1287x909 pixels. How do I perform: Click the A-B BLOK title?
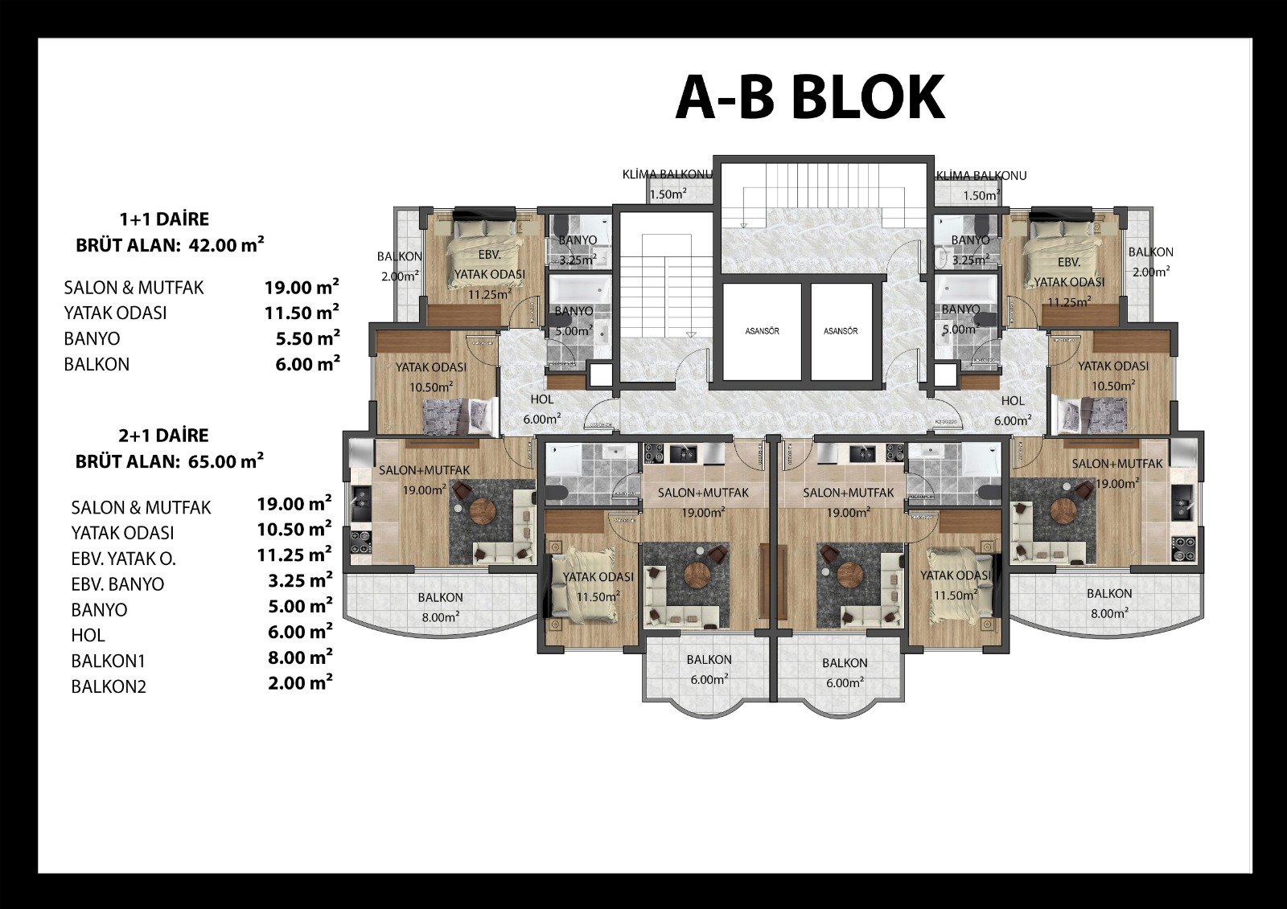pos(809,97)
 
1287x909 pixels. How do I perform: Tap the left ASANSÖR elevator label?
pos(763,331)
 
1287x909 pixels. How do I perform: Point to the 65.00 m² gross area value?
pos(226,461)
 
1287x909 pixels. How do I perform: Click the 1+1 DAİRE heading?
pos(164,219)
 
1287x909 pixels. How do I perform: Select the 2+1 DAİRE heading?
pos(164,436)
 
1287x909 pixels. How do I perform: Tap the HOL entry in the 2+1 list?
pos(88,635)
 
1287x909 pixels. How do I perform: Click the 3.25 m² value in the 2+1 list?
pos(300,580)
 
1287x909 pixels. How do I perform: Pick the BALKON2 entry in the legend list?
pos(109,686)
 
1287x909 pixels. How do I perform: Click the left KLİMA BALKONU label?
pos(668,174)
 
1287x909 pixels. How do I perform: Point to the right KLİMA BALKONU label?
pos(981,176)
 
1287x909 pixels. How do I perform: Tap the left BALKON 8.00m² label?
pos(440,607)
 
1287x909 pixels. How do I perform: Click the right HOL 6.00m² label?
pos(1013,411)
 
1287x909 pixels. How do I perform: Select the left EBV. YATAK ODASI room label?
pos(490,275)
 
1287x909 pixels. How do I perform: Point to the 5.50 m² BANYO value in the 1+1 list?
pos(307,338)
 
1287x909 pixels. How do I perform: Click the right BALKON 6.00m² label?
pos(844,673)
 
